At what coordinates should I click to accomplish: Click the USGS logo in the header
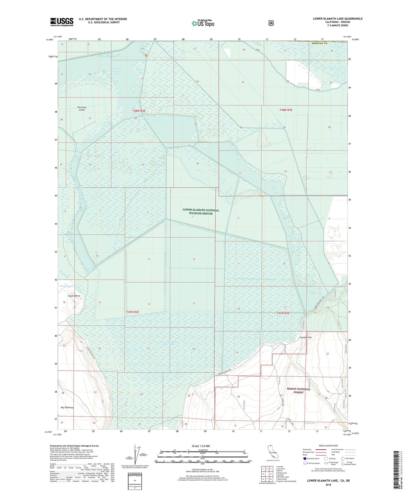pos(62,22)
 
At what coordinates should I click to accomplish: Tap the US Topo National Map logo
pos(203,23)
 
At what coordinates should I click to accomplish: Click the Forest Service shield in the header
pos(271,23)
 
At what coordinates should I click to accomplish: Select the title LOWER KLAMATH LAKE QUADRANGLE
pos(337,19)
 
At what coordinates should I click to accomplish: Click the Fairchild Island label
pos(82,108)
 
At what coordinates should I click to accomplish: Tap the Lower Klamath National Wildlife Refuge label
pos(201,211)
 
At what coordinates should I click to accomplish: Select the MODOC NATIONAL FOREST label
pos(299,390)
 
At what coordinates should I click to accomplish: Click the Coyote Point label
pos(74,296)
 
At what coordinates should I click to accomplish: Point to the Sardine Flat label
pos(306,338)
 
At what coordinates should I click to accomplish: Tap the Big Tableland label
pos(67,407)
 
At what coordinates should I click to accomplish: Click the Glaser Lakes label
pos(67,286)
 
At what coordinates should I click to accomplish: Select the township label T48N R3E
pos(286,110)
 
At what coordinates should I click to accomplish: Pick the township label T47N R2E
pos(132,312)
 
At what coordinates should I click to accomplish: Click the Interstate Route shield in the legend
pos(305,458)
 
